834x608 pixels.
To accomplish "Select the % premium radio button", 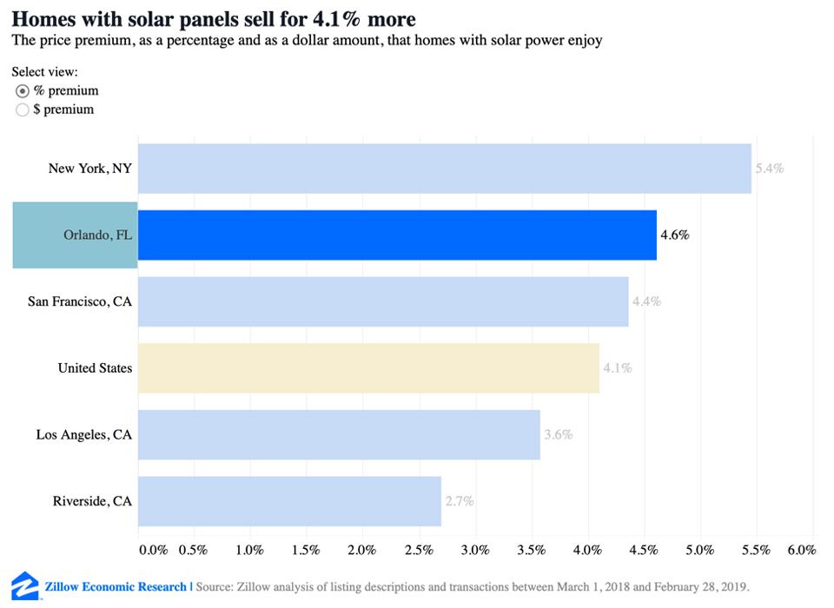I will click(23, 91).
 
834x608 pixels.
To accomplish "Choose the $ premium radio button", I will click(23, 110).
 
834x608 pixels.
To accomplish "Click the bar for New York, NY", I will click(444, 169).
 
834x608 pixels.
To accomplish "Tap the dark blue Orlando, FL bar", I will click(397, 235).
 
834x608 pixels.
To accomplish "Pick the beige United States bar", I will click(368, 368).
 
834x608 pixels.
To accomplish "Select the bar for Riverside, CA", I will click(289, 501).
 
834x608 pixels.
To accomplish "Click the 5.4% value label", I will click(770, 169).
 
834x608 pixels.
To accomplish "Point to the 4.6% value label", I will click(675, 235).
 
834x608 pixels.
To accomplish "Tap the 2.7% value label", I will click(460, 501).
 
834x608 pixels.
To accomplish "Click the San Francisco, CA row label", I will click(80, 301).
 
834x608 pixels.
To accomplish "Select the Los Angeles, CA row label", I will click(84, 434).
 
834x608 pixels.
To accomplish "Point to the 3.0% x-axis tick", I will click(475, 550).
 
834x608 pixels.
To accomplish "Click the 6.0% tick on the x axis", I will click(801, 550).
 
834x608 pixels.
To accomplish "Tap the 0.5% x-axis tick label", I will click(193, 550).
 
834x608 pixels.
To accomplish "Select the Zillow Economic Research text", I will click(116, 586).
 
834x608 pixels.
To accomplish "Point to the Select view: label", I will click(44, 72).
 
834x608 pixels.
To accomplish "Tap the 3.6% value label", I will click(559, 434).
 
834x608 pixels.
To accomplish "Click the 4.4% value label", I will click(647, 301).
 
